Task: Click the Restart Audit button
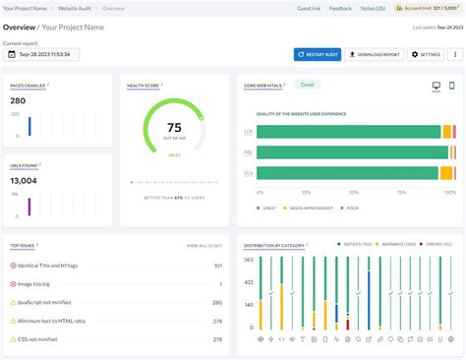[317, 54]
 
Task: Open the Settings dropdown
[427, 54]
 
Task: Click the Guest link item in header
[308, 8]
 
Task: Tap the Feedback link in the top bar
[340, 8]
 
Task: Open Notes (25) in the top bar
[373, 8]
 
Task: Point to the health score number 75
[173, 127]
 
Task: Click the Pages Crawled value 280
[18, 101]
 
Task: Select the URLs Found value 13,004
[24, 181]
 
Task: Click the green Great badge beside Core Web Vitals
[308, 85]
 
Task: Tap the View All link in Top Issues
[204, 245]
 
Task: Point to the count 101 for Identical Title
[217, 266]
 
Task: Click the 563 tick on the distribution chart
[250, 260]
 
